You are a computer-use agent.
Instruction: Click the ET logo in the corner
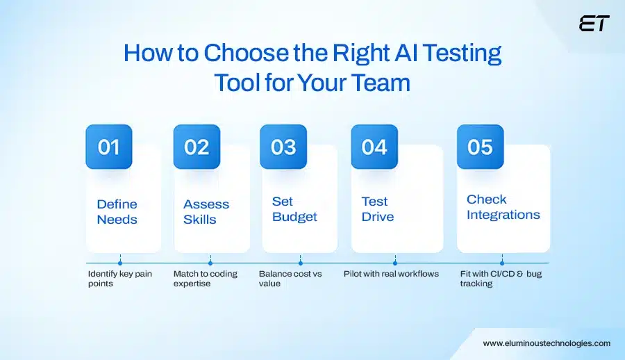[x=594, y=24]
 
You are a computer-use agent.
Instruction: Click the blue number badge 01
[x=108, y=147]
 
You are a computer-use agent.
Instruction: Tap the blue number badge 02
[x=197, y=147]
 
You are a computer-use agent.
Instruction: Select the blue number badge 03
[x=283, y=147]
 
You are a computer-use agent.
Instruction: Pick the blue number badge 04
[x=374, y=147]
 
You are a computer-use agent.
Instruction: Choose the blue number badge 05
[x=480, y=147]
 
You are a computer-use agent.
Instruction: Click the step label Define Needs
[x=117, y=211]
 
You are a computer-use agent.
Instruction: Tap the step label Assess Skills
[x=206, y=211]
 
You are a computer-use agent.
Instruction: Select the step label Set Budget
[x=294, y=208]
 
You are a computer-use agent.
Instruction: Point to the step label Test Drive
[x=377, y=208]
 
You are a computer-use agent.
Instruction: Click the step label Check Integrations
[x=503, y=207]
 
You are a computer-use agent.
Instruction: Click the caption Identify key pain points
[x=119, y=278]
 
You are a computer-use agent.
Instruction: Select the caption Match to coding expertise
[x=205, y=278]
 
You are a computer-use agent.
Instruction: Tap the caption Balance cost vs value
[x=290, y=278]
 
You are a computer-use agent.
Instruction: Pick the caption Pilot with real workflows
[x=391, y=274]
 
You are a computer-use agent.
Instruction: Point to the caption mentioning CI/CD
[x=500, y=278]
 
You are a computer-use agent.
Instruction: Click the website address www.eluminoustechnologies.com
[x=547, y=343]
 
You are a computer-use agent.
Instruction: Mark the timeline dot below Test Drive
[x=394, y=263]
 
